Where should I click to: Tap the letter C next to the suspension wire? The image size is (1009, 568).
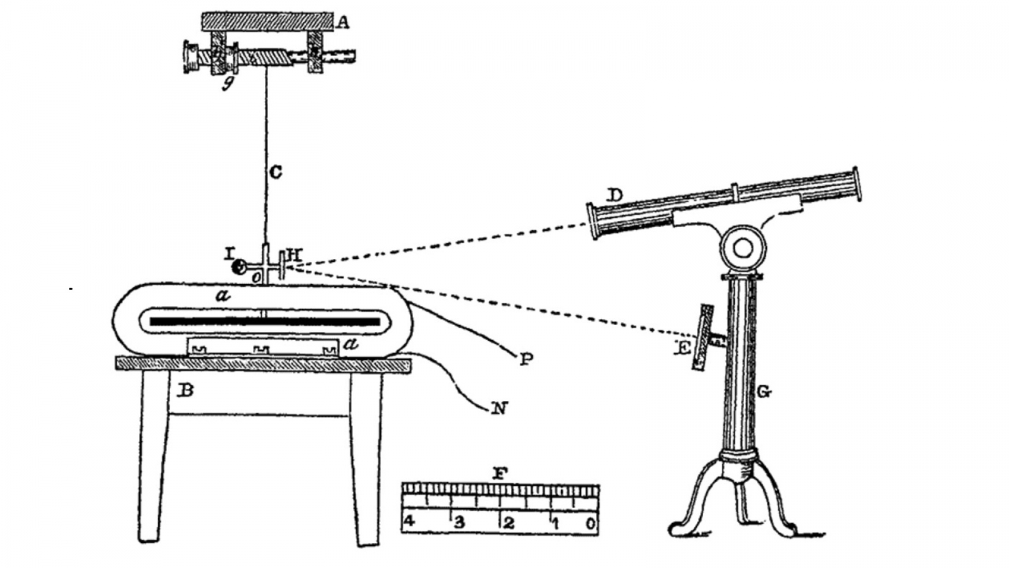pos(275,172)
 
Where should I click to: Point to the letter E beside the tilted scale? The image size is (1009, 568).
pos(682,349)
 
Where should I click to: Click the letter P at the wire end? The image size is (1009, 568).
pos(526,359)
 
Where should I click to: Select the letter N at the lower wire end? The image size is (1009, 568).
pos(499,408)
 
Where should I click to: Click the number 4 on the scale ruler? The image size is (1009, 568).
pos(409,522)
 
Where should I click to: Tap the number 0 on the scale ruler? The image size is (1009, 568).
pos(591,523)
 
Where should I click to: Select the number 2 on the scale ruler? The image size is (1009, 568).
pos(508,523)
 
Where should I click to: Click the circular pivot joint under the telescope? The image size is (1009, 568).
pos(742,248)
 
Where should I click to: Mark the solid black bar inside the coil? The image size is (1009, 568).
pos(265,322)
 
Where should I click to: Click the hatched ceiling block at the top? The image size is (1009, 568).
pos(267,22)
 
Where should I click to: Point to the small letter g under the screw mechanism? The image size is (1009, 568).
pos(228,83)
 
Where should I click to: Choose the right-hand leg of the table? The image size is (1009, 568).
pos(366,458)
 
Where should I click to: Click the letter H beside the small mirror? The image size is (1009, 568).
pos(294,256)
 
